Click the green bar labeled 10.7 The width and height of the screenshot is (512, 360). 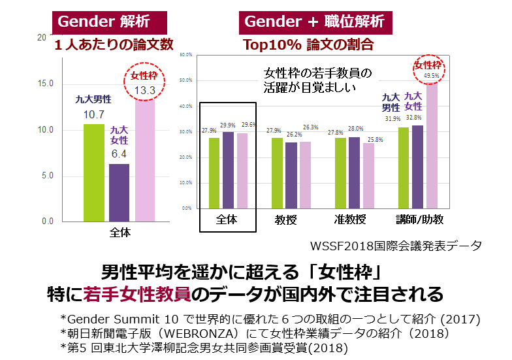click(93, 173)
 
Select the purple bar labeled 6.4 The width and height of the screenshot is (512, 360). click(119, 193)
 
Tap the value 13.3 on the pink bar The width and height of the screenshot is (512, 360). click(144, 90)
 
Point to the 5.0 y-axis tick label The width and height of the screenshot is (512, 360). click(48, 176)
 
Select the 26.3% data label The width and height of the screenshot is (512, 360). click(311, 127)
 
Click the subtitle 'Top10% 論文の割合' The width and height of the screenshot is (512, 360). click(308, 44)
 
